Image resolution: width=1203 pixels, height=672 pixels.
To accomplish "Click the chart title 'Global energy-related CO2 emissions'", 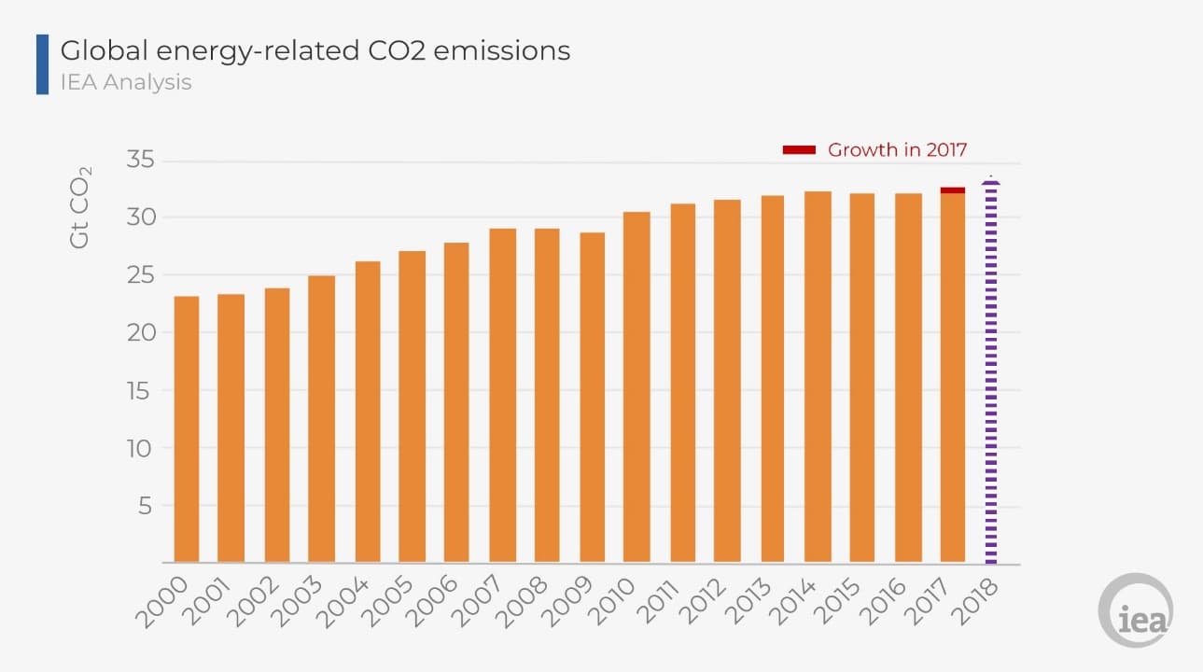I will pyautogui.click(x=315, y=50).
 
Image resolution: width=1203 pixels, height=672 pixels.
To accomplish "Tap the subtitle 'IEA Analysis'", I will pyautogui.click(x=126, y=82).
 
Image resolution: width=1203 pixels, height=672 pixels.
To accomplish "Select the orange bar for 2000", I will pyautogui.click(x=186, y=429).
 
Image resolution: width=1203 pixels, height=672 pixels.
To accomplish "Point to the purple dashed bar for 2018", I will pyautogui.click(x=991, y=373).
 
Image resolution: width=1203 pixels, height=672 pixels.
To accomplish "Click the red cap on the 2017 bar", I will pyautogui.click(x=953, y=190).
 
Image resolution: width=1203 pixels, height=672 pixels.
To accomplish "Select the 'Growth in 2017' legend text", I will pyautogui.click(x=897, y=149).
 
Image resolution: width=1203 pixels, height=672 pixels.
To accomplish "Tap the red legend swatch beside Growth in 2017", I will pyautogui.click(x=799, y=150).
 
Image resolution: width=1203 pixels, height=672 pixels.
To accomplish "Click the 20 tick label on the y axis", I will pyautogui.click(x=139, y=333).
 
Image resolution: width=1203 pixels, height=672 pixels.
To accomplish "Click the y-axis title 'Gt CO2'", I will pyautogui.click(x=81, y=206).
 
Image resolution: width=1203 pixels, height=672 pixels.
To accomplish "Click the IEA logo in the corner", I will pyautogui.click(x=1136, y=610).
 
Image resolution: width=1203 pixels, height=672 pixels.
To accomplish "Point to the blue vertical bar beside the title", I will pyautogui.click(x=42, y=64).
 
